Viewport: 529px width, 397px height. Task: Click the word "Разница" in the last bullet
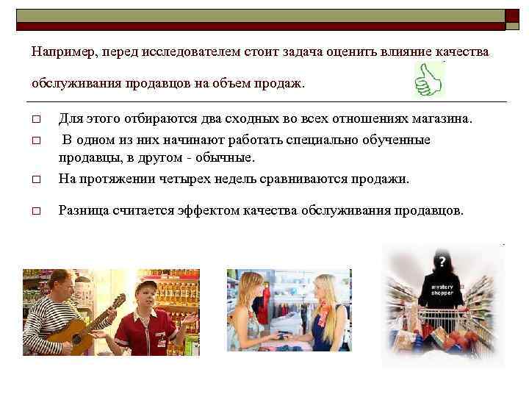(x=83, y=210)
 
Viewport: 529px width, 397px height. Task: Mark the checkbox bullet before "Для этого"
(x=35, y=120)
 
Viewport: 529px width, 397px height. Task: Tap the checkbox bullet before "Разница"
(x=35, y=211)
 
